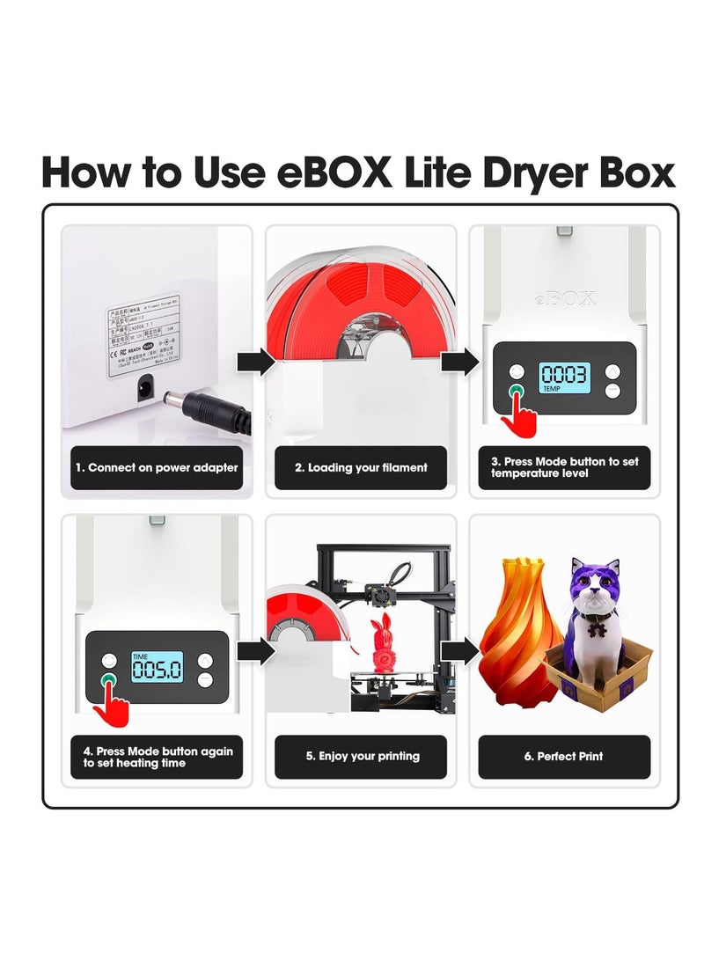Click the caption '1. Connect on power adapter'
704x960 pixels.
156,468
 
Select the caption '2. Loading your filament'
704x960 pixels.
361,468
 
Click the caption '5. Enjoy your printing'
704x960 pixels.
361,756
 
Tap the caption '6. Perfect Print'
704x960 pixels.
564,756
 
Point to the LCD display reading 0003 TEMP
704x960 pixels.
564,377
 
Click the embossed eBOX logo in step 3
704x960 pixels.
564,297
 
